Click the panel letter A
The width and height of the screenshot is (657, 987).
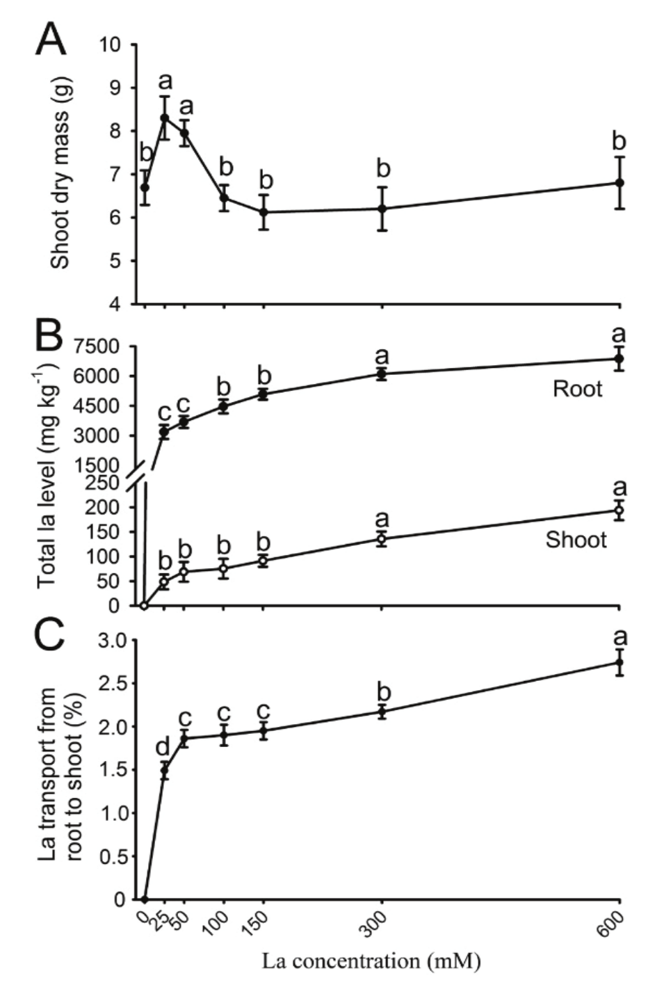[x=51, y=40]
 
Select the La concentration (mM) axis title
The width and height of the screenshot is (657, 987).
[x=371, y=962]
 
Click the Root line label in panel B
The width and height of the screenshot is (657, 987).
[x=577, y=389]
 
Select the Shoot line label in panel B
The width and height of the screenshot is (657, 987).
[x=576, y=540]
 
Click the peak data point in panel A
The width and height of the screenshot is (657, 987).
[x=165, y=118]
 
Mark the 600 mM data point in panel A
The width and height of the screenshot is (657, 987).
[x=619, y=183]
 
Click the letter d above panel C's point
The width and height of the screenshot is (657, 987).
[x=163, y=747]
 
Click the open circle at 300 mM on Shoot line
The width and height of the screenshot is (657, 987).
[x=382, y=538]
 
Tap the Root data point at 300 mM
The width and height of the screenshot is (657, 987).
[x=382, y=374]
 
